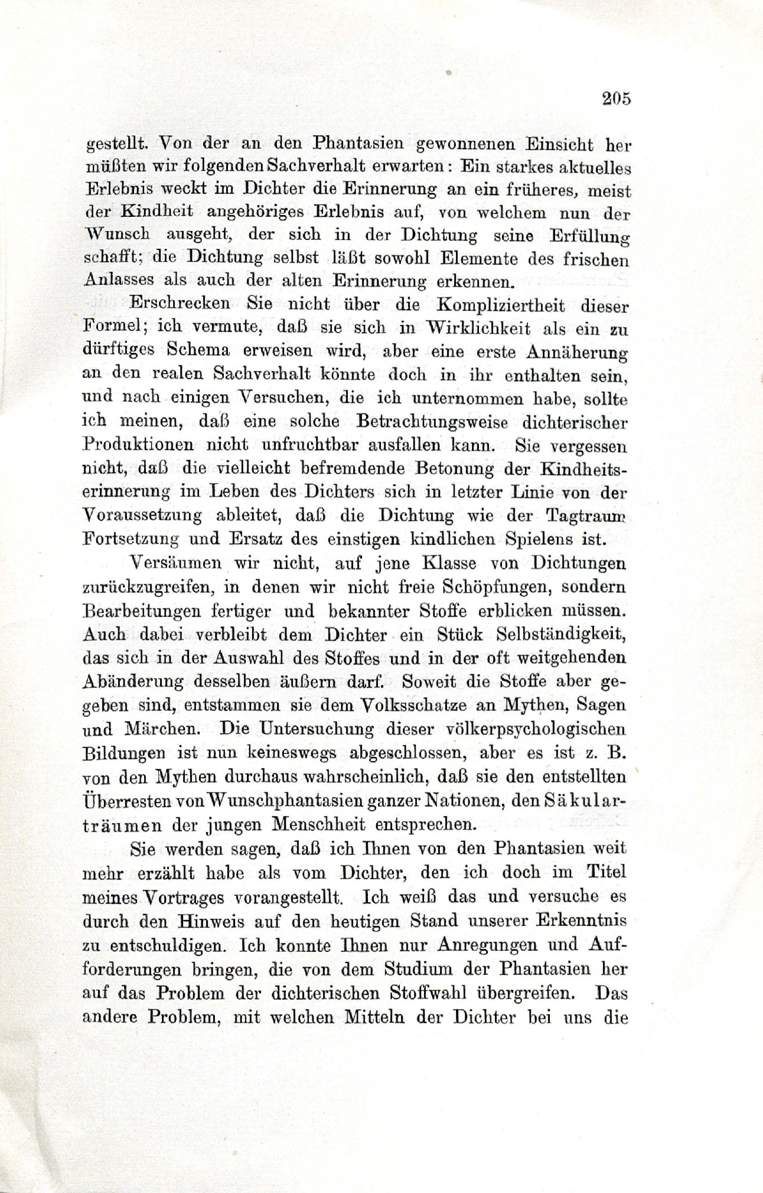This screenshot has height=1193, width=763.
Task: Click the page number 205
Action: tap(617, 98)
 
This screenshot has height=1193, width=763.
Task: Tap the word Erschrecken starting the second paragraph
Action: tap(179, 305)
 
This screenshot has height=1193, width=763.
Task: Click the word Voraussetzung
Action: tap(141, 515)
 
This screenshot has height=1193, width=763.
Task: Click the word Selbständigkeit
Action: tap(561, 634)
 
